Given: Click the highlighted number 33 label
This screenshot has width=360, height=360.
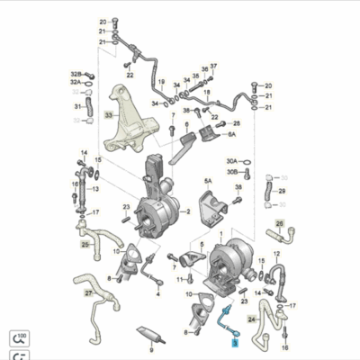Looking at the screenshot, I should click(x=109, y=115).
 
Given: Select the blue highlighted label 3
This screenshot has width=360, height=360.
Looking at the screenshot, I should click(x=235, y=342).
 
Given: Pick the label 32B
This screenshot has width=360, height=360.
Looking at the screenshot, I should click(x=76, y=73).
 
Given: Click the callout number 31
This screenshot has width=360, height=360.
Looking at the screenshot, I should click(x=76, y=107).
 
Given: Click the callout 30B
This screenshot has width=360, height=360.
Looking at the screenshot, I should click(x=232, y=171).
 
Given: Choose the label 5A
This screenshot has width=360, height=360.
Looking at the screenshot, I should click(x=207, y=181).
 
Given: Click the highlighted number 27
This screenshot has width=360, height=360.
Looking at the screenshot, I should click(x=88, y=293).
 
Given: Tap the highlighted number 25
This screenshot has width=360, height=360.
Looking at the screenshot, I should click(x=85, y=244).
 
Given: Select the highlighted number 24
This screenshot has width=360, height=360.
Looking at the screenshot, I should click(x=252, y=318).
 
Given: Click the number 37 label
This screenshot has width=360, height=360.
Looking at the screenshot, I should click(x=214, y=67).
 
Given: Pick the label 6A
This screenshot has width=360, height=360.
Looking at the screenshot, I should click(x=230, y=134).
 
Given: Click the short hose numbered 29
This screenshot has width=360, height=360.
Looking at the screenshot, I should click(x=268, y=192).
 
